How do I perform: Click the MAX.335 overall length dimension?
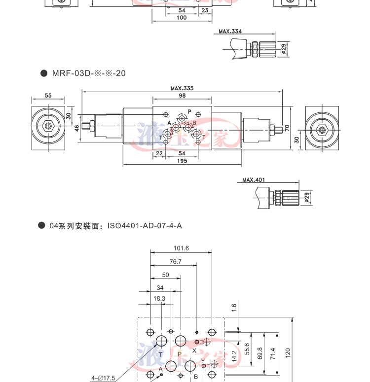click(182, 88)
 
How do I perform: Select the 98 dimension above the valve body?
click(182, 96)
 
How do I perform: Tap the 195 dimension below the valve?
click(182, 161)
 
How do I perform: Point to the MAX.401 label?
click(254, 180)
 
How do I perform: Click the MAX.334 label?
click(230, 32)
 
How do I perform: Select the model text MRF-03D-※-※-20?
click(89, 73)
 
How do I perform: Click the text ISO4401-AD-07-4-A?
click(145, 226)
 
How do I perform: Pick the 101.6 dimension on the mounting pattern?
click(181, 248)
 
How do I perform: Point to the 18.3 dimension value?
click(159, 298)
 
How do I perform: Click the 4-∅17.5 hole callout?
click(103, 378)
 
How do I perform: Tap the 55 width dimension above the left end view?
click(48, 96)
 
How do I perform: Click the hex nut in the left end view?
click(48, 126)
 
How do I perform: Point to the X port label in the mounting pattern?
click(194, 350)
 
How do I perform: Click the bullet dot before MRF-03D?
click(43, 73)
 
